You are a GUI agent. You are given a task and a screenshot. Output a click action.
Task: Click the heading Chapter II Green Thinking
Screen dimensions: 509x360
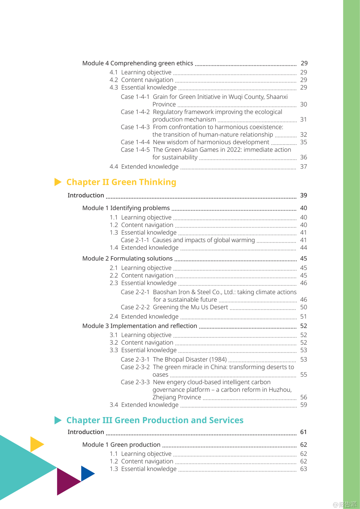(121, 182)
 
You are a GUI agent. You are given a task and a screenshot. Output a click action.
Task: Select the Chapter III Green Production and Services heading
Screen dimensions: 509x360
(155, 420)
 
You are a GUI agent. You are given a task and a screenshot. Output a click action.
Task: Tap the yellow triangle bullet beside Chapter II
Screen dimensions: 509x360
(58, 182)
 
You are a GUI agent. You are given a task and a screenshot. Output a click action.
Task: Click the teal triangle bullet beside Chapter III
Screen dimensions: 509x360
(58, 420)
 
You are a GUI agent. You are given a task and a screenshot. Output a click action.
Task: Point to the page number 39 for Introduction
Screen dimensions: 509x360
(303, 195)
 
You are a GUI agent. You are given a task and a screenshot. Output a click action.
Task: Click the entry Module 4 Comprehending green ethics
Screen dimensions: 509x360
(137, 63)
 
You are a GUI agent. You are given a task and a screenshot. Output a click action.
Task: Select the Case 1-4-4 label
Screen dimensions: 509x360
(135, 142)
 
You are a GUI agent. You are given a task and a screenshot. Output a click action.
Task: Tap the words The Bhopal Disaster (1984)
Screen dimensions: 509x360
(190, 359)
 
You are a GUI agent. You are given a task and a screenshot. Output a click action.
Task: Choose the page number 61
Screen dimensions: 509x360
(303, 432)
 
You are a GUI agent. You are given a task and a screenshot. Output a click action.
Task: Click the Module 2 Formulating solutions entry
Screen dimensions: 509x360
(127, 259)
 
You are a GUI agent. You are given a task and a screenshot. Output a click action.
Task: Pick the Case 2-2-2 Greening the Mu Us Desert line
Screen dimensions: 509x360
(174, 307)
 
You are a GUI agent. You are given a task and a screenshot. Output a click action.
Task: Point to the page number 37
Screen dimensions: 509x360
(303, 167)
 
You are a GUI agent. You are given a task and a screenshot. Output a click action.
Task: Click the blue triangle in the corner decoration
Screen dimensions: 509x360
(87, 473)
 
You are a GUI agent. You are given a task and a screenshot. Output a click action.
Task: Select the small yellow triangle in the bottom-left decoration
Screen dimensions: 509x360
(36, 444)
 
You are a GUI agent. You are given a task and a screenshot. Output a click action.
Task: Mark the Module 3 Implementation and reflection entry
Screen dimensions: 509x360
(139, 326)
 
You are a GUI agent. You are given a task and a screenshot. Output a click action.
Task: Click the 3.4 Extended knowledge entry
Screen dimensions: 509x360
(144, 405)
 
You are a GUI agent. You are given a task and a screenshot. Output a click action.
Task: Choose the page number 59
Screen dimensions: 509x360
(303, 405)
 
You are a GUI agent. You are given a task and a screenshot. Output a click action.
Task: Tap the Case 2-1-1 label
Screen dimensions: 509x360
(135, 240)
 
